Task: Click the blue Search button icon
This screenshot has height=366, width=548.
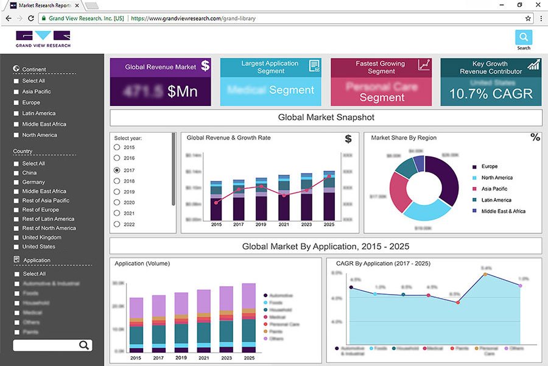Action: [x=524, y=37]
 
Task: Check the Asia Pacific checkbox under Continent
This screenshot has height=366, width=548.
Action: [x=16, y=92]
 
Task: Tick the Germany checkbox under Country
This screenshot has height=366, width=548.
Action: [x=16, y=182]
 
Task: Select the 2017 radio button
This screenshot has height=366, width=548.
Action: [x=117, y=171]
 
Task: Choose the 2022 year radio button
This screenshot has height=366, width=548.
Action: [x=117, y=224]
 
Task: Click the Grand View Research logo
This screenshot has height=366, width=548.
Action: [x=43, y=38]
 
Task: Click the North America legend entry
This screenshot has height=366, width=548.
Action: [x=497, y=178]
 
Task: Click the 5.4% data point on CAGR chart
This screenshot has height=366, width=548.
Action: [x=485, y=274]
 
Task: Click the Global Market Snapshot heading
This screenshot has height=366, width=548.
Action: [x=326, y=118]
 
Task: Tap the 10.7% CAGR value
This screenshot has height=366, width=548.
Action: [x=491, y=94]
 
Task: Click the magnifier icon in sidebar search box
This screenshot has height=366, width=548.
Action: [x=84, y=345]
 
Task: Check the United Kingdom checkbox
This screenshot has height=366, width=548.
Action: [x=16, y=238]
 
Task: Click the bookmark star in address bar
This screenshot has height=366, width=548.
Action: [x=528, y=18]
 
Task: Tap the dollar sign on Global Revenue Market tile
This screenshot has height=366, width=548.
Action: [x=205, y=66]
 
